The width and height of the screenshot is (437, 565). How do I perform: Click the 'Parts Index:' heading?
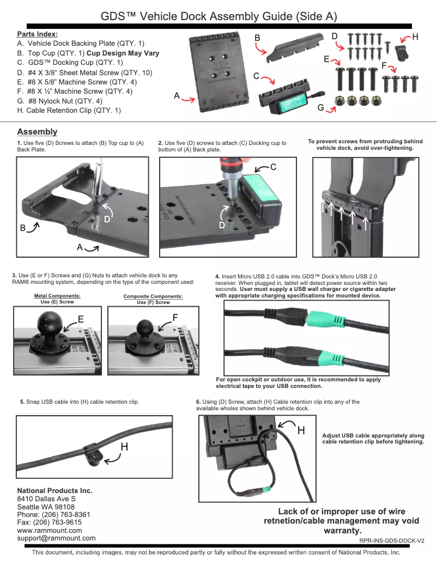coord(37,34)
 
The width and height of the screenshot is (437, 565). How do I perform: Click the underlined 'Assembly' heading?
coord(37,132)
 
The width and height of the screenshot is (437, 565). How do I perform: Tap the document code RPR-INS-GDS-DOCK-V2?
coord(391,541)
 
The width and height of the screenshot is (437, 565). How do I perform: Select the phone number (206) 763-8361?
coord(53,514)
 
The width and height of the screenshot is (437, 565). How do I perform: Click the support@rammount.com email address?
coord(56,538)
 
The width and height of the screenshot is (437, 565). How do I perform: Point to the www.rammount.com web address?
coord(50,530)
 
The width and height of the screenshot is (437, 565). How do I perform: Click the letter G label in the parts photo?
coord(321,108)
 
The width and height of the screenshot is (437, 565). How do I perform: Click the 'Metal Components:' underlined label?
coord(57,296)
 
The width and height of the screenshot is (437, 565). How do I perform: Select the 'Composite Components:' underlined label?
coord(153,296)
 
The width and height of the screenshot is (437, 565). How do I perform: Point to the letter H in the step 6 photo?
coord(300,430)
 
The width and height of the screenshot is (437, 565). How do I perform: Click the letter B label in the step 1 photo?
coord(23,229)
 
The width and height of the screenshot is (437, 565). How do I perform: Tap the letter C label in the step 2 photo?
coord(274,167)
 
